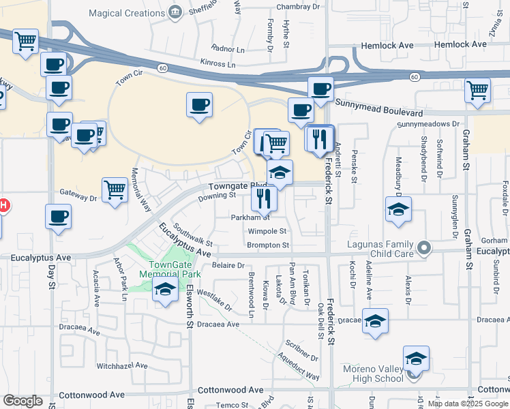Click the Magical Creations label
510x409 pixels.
[x=128, y=12]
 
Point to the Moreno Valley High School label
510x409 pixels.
[x=373, y=374]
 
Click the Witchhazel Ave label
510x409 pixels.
[x=122, y=366]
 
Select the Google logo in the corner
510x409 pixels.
[x=22, y=401]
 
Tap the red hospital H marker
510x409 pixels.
[x=3, y=205]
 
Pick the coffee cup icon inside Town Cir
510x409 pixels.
[x=199, y=105]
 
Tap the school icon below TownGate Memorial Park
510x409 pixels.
[x=164, y=289]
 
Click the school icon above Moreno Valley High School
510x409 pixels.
[x=416, y=357]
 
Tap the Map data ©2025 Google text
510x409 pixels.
[x=468, y=404]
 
